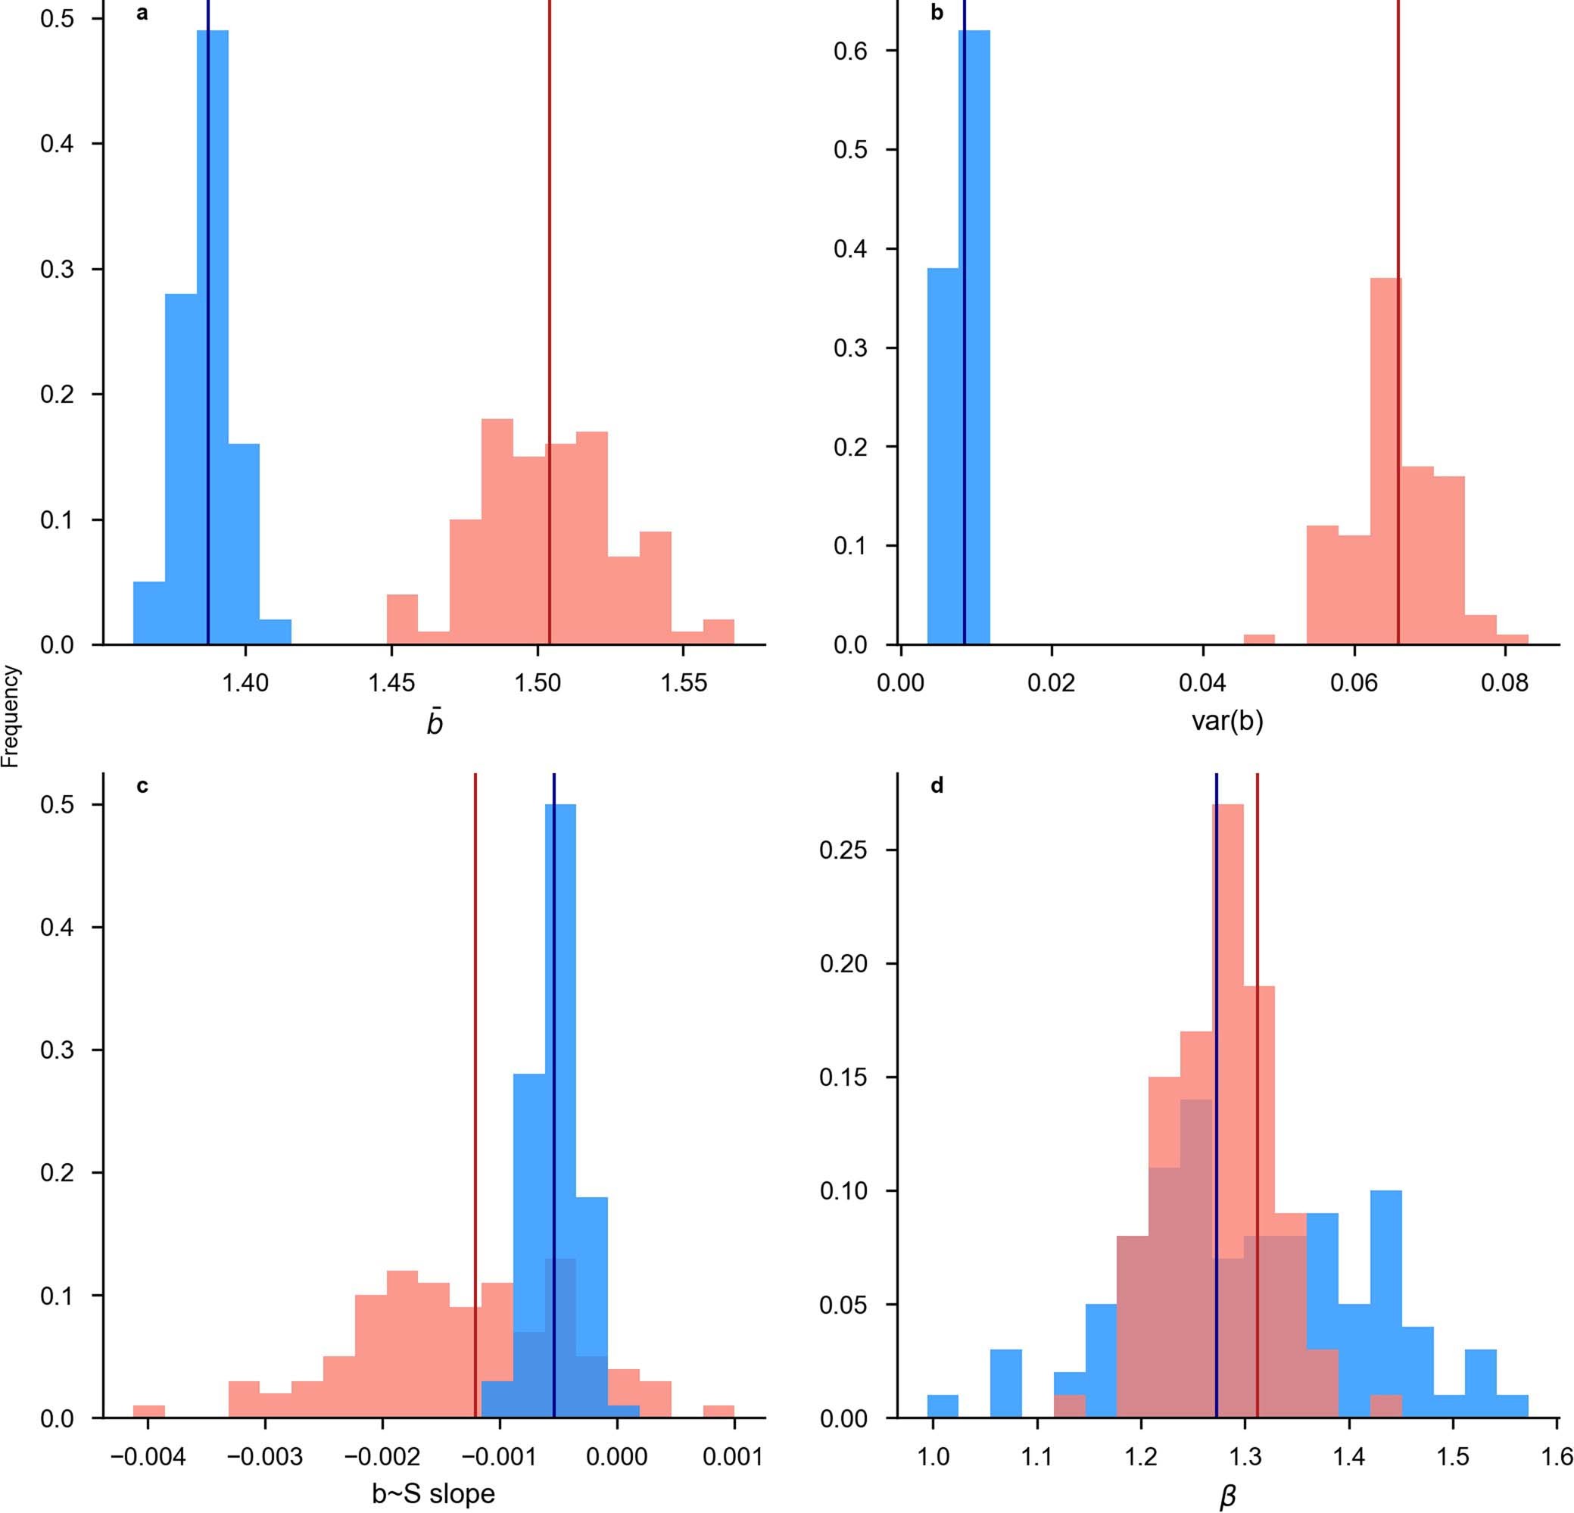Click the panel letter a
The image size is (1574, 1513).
pyautogui.click(x=142, y=14)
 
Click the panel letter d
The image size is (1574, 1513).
pyautogui.click(x=937, y=786)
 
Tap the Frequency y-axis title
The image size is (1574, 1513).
pyautogui.click(x=11, y=718)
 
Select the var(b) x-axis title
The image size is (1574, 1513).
pyautogui.click(x=1227, y=722)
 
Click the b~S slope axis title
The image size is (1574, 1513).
pyautogui.click(x=433, y=1494)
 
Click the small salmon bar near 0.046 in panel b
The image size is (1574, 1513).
pyautogui.click(x=1259, y=640)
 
